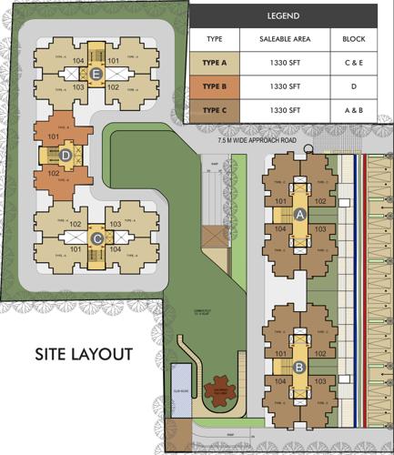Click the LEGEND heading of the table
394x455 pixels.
click(283, 16)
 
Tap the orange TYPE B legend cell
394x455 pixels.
click(215, 86)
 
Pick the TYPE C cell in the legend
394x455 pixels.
click(215, 110)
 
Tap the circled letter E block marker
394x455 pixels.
click(84, 76)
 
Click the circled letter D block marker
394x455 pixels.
click(66, 155)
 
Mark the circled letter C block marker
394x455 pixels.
click(96, 238)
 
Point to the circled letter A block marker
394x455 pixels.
click(299, 215)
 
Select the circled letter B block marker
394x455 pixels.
click(299, 368)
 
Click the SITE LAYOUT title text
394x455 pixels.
click(84, 353)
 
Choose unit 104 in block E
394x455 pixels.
click(78, 62)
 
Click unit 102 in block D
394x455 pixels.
click(52, 171)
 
